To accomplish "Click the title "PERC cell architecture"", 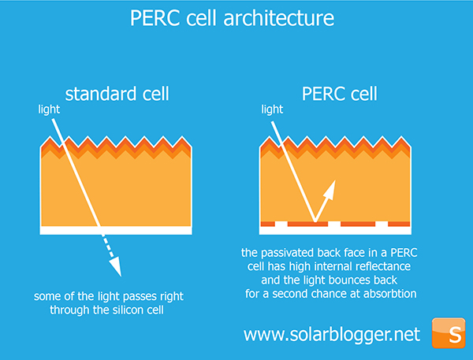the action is (232, 18).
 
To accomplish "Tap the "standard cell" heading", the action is (117, 94).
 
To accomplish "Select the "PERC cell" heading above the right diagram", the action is (339, 94).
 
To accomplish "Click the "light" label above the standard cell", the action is (49, 109).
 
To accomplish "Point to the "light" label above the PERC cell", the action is (272, 109).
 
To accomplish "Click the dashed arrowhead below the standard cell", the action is (116, 266).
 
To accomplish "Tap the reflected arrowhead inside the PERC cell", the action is (330, 190).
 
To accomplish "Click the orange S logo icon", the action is (449, 333).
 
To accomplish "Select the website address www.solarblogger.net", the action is (332, 335).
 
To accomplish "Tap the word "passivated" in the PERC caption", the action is (287, 253).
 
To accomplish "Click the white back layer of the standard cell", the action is (116, 230).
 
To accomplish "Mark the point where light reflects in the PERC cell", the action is (315, 221).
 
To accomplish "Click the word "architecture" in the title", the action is (279, 18).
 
